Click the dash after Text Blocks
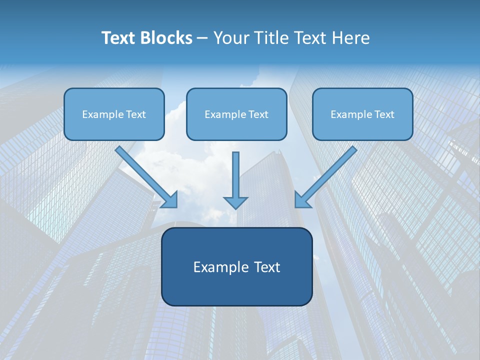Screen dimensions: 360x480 tap(202, 38)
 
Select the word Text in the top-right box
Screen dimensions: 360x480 tap(384, 114)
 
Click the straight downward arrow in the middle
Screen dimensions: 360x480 tap(235, 175)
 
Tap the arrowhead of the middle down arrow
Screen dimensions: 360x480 tap(235, 202)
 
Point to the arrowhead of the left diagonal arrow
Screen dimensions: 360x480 tap(170, 199)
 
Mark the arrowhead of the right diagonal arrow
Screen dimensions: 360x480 tap(302, 199)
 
